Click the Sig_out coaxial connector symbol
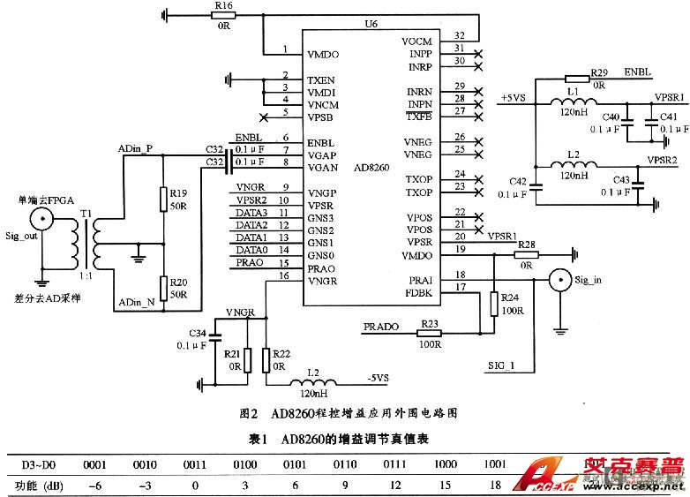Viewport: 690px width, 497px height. click(41, 221)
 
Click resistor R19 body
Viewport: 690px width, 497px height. click(163, 200)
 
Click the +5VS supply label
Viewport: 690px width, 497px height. click(514, 97)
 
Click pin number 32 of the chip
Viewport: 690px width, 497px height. click(459, 34)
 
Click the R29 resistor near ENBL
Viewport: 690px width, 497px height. click(576, 79)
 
